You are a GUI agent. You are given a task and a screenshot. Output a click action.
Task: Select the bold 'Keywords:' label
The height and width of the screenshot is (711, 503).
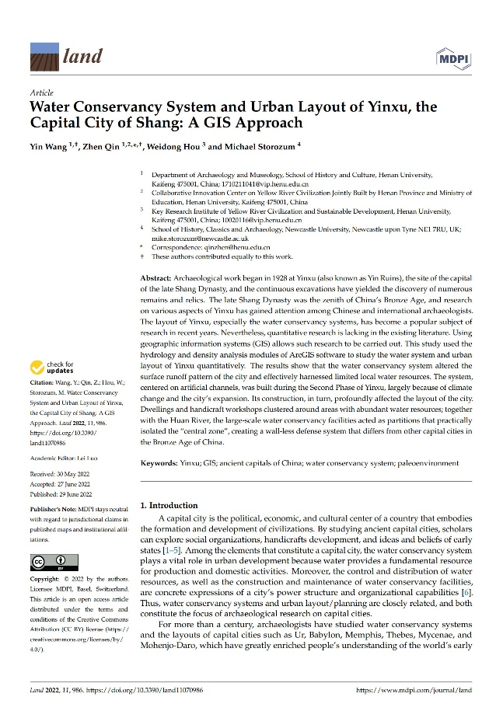pos(162,462)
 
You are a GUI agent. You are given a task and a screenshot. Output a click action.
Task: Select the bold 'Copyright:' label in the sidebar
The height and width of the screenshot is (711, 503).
pos(46,580)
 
